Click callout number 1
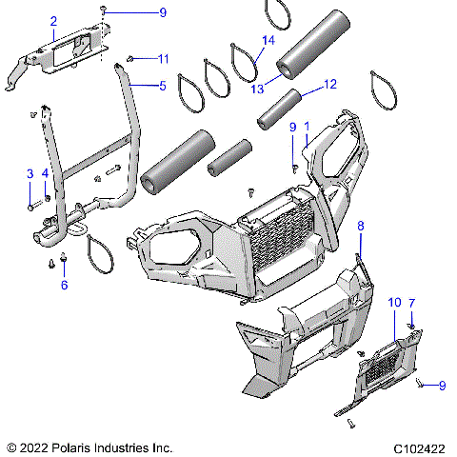pyautogui.click(x=308, y=137)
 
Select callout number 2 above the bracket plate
pyautogui.click(x=53, y=21)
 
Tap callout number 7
pyautogui.click(x=411, y=303)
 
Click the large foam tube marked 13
pyautogui.click(x=308, y=48)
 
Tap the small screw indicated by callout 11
pyautogui.click(x=132, y=59)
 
